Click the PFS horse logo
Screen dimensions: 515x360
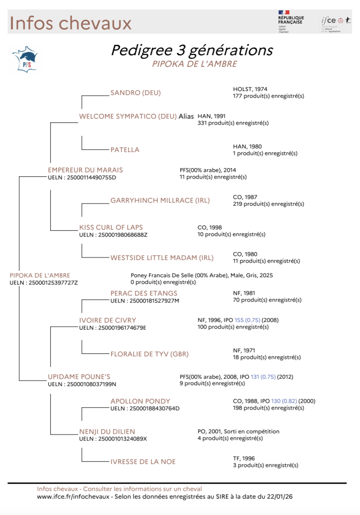(x=25, y=60)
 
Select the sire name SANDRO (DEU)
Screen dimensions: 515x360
(x=136, y=93)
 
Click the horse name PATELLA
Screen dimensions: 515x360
(x=125, y=150)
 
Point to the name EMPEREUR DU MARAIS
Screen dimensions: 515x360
(x=85, y=170)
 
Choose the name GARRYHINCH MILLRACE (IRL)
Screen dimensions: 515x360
(x=160, y=201)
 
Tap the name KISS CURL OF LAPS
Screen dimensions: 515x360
(x=111, y=227)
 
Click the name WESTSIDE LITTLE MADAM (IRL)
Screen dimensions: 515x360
(x=162, y=258)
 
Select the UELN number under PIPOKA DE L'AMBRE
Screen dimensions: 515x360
(x=53, y=283)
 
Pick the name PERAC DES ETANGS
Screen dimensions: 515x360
(x=144, y=293)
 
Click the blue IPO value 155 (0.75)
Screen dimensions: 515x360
(x=247, y=320)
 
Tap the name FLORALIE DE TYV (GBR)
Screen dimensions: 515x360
(x=149, y=354)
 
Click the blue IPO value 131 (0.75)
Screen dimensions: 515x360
(x=263, y=377)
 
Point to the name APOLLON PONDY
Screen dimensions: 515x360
(x=140, y=401)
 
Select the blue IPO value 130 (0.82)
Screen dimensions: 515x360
(x=284, y=401)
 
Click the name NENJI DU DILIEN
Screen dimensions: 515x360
(x=107, y=432)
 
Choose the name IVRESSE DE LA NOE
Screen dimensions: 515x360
(x=143, y=462)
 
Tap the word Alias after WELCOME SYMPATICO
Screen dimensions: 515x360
(x=186, y=117)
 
